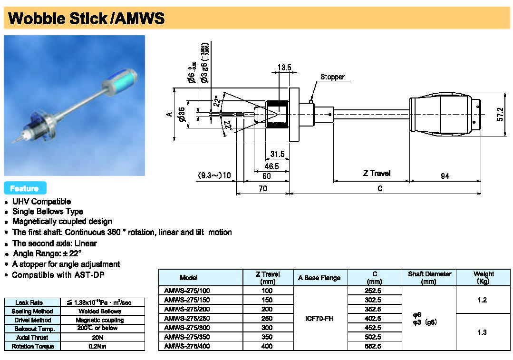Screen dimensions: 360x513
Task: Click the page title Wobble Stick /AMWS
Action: pos(87,19)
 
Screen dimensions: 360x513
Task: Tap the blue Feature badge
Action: pos(25,188)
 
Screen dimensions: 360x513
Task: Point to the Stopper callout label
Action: pos(332,77)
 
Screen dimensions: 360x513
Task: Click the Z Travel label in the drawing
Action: pos(377,174)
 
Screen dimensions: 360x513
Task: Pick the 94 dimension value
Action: pos(445,176)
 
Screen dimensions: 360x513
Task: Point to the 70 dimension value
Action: pos(262,189)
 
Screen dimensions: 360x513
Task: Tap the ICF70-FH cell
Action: pos(320,319)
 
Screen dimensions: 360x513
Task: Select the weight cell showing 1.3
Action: pos(483,332)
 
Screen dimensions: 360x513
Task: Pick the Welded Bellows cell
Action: pos(103,311)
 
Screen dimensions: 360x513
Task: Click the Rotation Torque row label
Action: pos(33,346)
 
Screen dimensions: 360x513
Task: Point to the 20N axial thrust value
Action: pos(103,338)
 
